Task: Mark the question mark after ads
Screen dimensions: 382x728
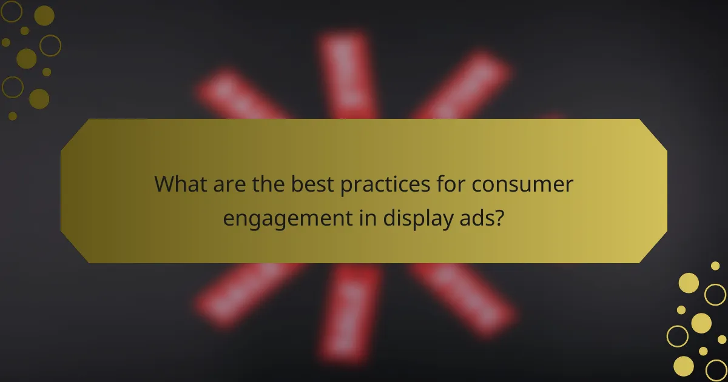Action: [x=499, y=216]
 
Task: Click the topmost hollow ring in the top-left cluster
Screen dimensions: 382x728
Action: [x=12, y=10]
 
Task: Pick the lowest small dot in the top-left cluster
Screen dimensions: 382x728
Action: [x=13, y=116]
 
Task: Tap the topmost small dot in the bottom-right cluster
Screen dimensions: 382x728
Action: [x=715, y=266]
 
